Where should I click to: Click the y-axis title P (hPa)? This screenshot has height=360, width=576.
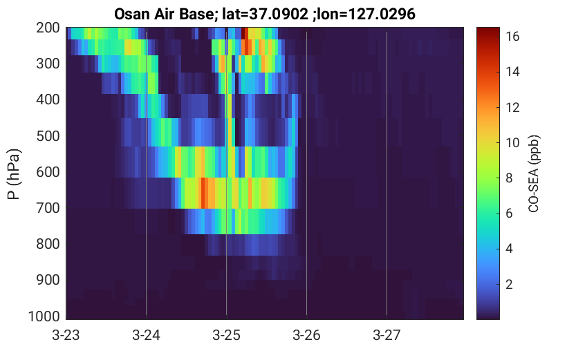click(x=14, y=174)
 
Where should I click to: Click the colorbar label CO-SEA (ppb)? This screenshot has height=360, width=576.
click(x=533, y=173)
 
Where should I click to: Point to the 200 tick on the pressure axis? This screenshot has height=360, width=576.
click(x=48, y=28)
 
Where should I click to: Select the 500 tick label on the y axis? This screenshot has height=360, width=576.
click(x=48, y=136)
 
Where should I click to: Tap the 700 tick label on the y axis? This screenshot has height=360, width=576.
click(x=48, y=208)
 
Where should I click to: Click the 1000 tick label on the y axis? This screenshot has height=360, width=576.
click(x=44, y=316)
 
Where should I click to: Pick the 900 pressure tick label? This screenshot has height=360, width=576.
click(x=48, y=280)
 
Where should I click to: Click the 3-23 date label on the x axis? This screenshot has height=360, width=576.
click(x=66, y=335)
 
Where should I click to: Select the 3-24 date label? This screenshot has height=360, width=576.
click(x=146, y=335)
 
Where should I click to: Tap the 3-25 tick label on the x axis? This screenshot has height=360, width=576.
click(x=226, y=335)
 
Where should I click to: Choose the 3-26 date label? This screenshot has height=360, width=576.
click(x=306, y=335)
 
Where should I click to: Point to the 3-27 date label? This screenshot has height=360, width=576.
click(x=387, y=335)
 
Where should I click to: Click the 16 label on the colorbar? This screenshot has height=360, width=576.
click(x=512, y=37)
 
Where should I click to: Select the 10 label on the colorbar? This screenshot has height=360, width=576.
click(x=512, y=143)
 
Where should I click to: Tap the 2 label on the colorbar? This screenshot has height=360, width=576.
click(x=509, y=285)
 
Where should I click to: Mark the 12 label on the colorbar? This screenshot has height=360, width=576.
click(x=512, y=108)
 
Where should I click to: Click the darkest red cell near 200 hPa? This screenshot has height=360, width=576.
click(x=243, y=33)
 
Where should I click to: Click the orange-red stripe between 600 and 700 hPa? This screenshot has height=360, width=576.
click(x=203, y=193)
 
